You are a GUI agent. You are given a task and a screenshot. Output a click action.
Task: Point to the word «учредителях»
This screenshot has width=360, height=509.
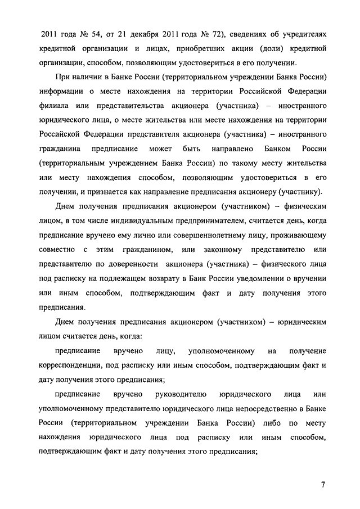(299, 34)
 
